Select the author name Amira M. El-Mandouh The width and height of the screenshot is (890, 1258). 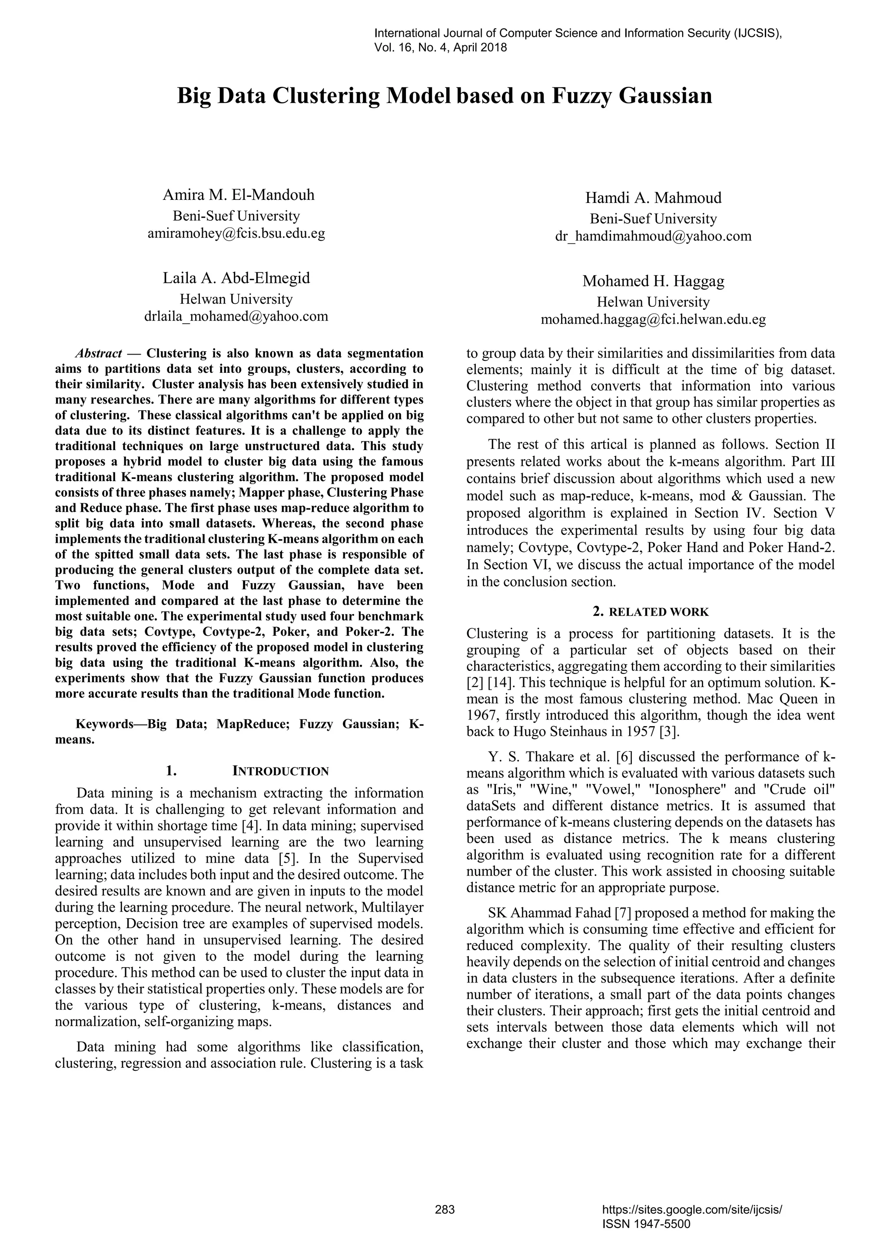point(239,195)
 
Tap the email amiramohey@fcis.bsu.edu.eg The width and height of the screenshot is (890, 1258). point(236,233)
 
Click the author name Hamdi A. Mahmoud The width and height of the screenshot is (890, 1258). point(653,198)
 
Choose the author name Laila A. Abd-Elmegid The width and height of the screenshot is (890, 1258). point(236,279)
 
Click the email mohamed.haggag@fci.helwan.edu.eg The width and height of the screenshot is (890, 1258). point(653,319)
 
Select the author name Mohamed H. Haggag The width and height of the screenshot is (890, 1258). point(653,282)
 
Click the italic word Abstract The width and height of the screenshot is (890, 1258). point(98,353)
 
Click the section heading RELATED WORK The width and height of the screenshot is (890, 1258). point(659,612)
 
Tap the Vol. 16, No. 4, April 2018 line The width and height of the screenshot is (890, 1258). point(440,48)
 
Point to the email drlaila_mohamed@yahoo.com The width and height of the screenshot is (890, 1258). point(236,316)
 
